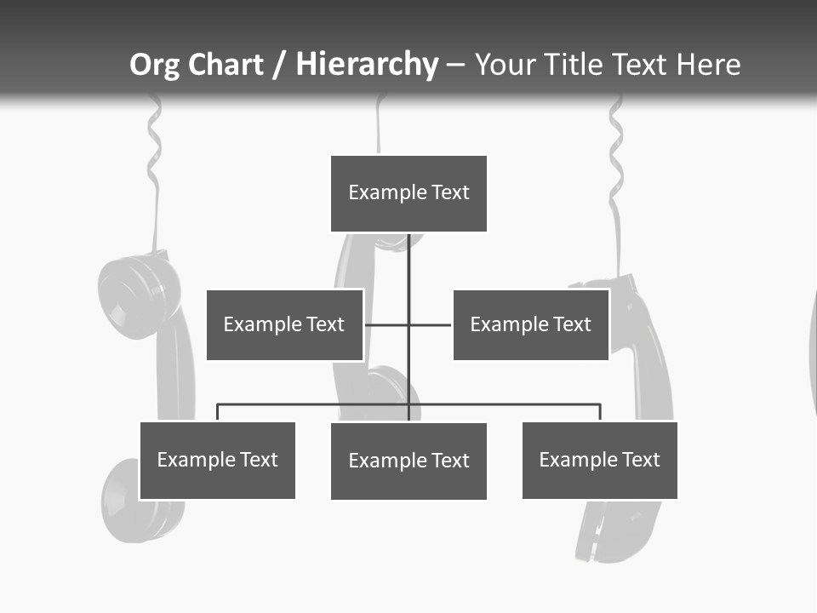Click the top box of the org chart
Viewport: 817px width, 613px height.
click(x=408, y=193)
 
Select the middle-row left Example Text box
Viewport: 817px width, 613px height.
click(x=284, y=324)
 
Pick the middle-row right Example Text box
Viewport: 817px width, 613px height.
click(x=530, y=324)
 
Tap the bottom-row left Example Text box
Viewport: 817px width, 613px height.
click(x=217, y=460)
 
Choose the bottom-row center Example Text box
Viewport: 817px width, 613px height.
click(x=408, y=461)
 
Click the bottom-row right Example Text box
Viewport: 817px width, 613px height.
click(x=599, y=460)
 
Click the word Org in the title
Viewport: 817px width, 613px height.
click(x=153, y=65)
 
